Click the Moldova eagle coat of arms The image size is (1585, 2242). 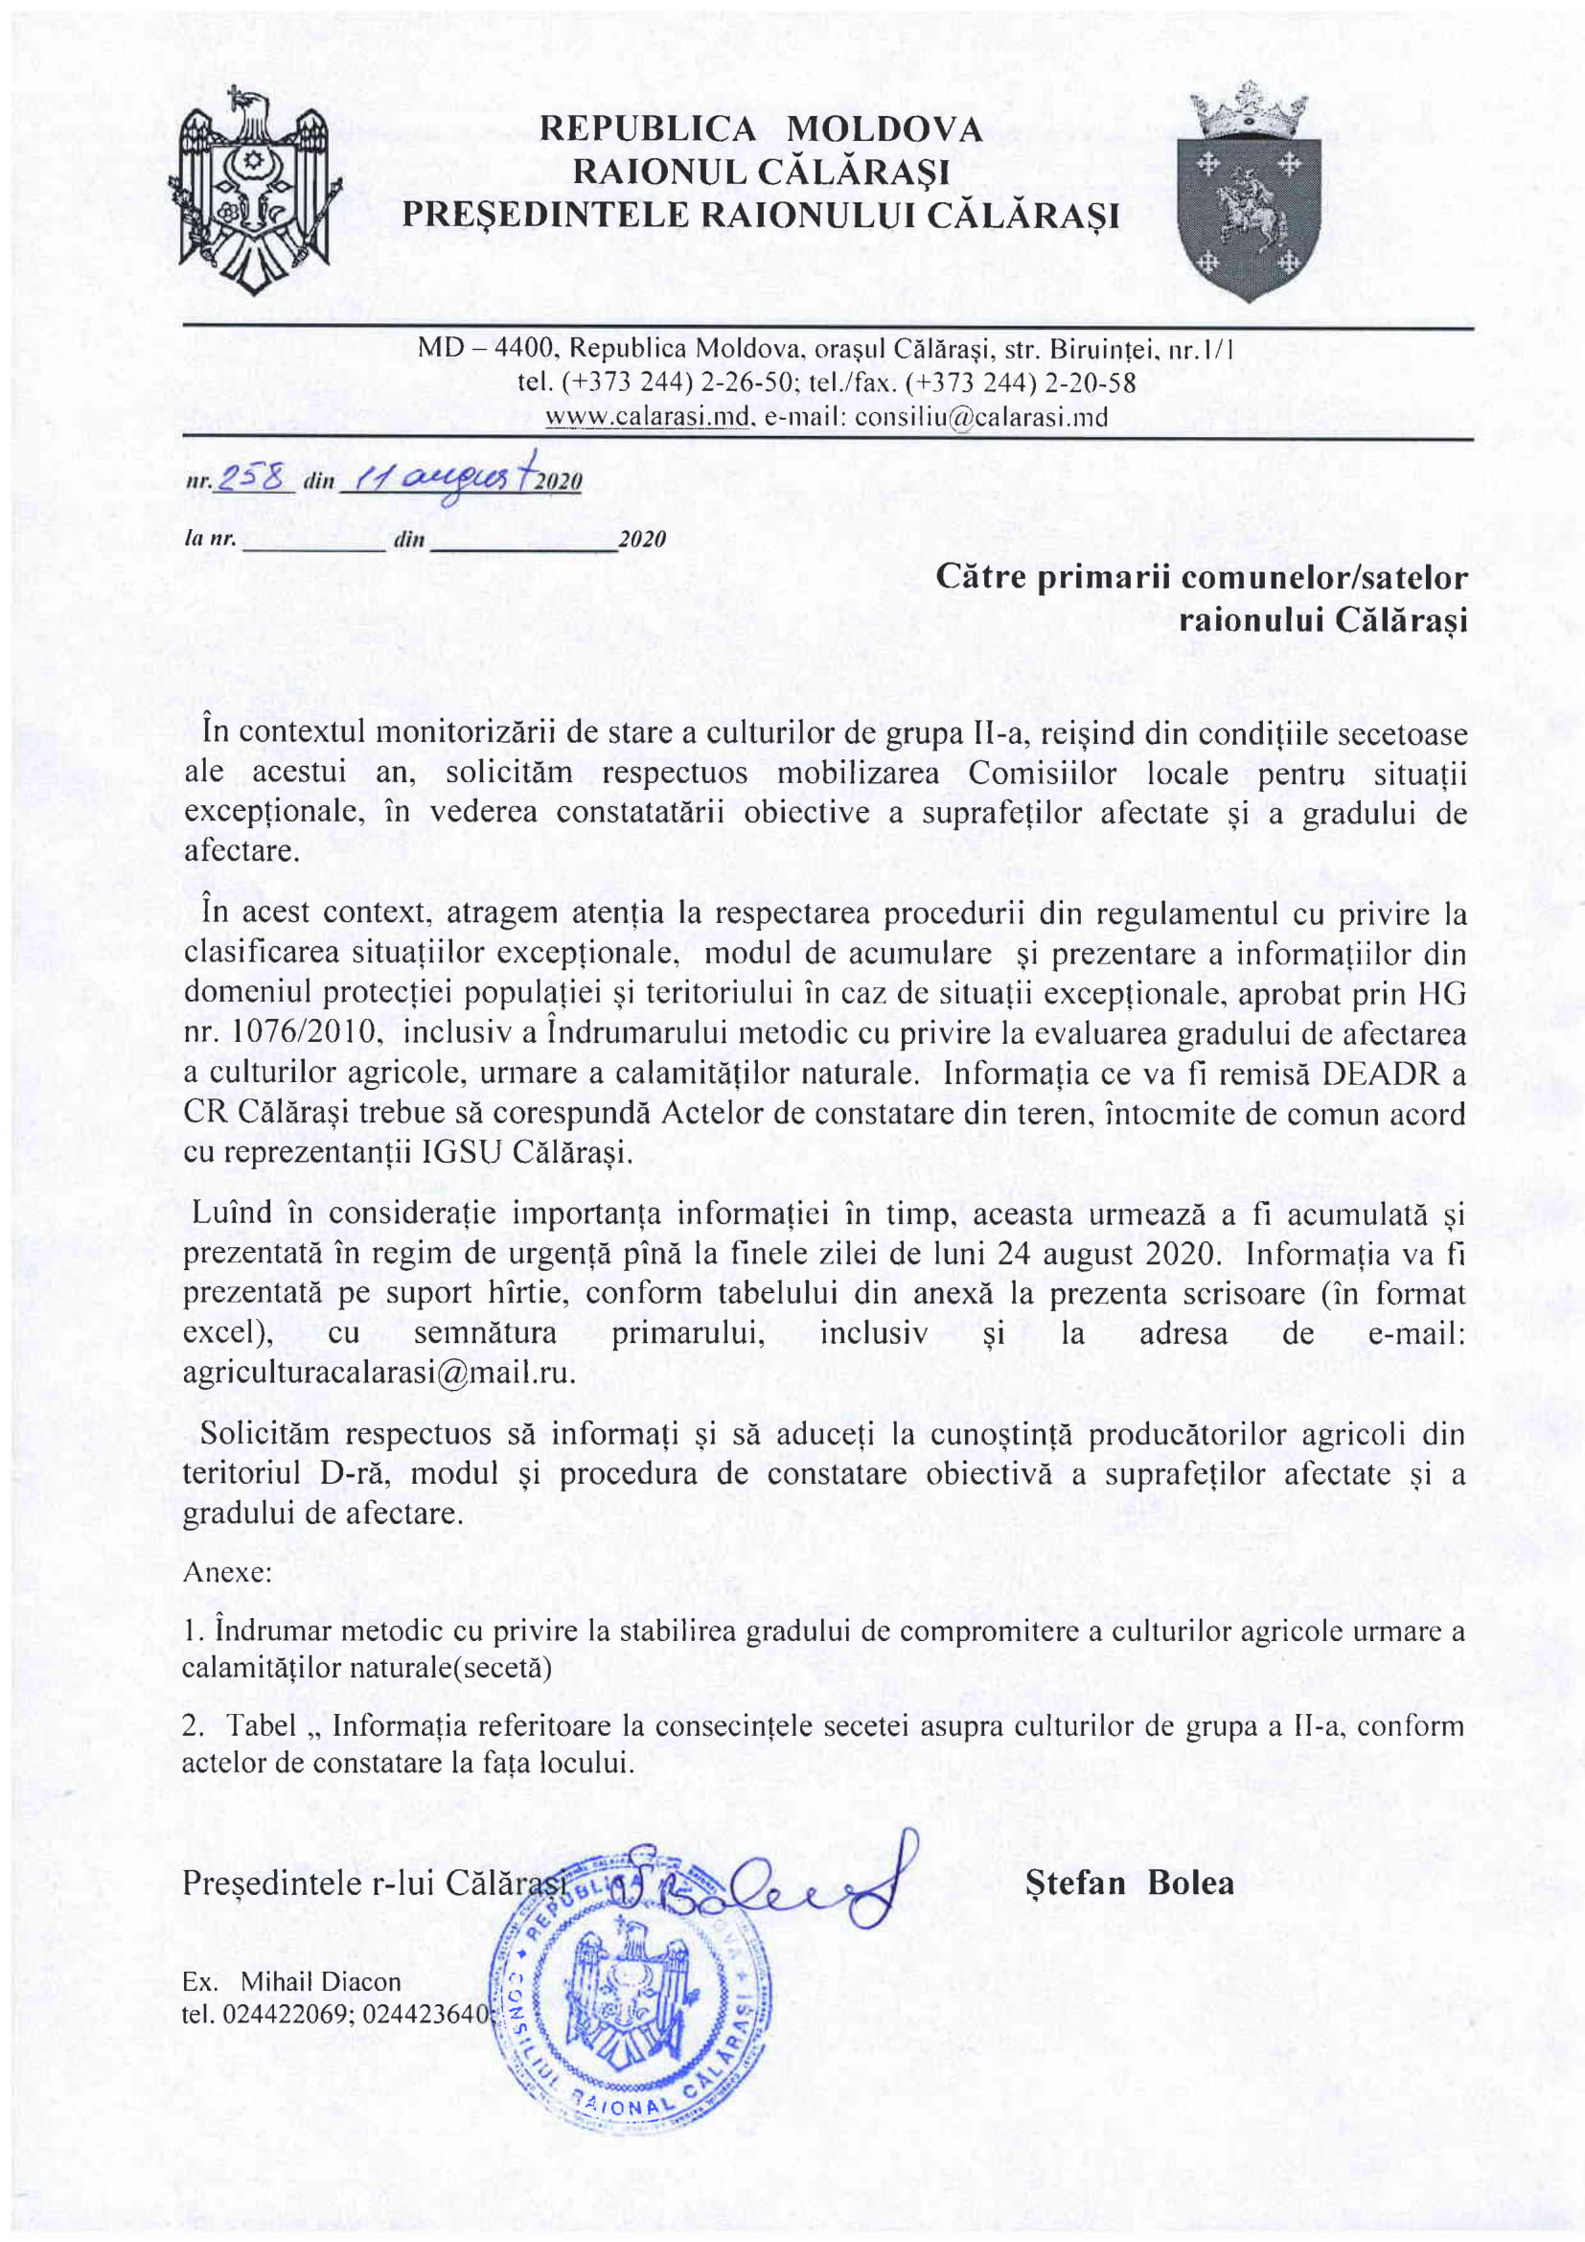pos(255,192)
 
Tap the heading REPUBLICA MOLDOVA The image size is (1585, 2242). pos(760,129)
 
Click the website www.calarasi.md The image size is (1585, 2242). pos(647,418)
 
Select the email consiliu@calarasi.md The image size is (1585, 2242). pos(981,418)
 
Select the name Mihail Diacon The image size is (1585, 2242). pos(320,1982)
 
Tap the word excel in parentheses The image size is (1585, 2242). pos(219,1333)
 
